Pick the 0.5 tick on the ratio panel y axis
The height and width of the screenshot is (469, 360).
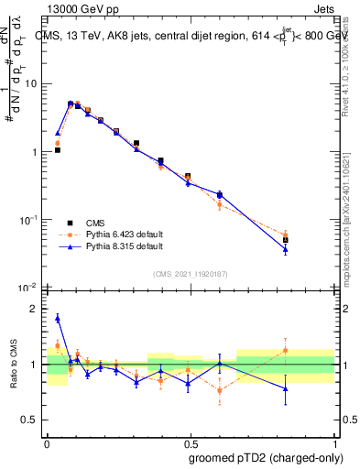coord(33,420)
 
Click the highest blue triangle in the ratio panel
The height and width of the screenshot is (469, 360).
coord(58,318)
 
